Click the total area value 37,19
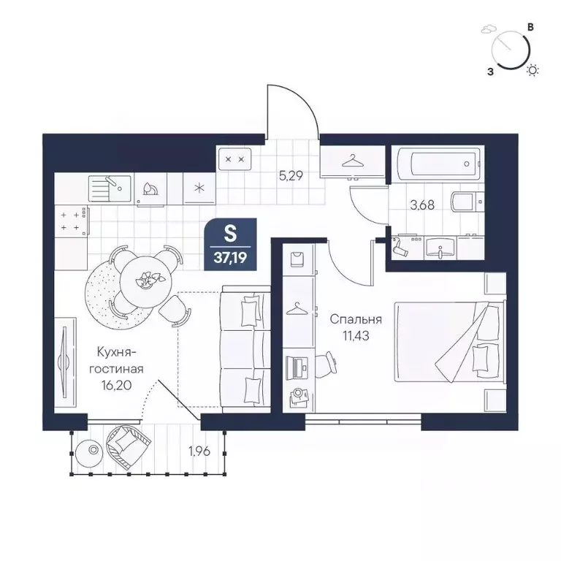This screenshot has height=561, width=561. click(230, 258)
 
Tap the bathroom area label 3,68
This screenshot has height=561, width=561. click(422, 205)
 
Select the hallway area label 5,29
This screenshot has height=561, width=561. click(291, 175)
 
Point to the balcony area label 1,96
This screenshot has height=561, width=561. click(199, 451)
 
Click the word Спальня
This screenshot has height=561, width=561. click(356, 318)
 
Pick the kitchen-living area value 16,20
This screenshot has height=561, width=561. click(117, 385)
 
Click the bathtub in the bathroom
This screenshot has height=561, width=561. click(443, 164)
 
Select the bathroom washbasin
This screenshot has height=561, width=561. click(440, 248)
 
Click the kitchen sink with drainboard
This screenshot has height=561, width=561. click(110, 188)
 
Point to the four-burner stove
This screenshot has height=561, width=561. click(72, 221)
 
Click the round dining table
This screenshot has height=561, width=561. click(145, 280)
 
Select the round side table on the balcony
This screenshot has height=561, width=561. click(92, 451)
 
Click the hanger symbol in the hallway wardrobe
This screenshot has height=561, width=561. click(353, 161)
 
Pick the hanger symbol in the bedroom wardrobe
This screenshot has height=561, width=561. click(298, 309)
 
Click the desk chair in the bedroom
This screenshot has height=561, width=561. click(326, 364)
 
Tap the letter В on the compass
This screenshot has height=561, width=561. click(531, 27)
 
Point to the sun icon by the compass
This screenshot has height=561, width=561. click(533, 70)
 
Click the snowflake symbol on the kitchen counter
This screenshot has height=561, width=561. click(199, 188)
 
